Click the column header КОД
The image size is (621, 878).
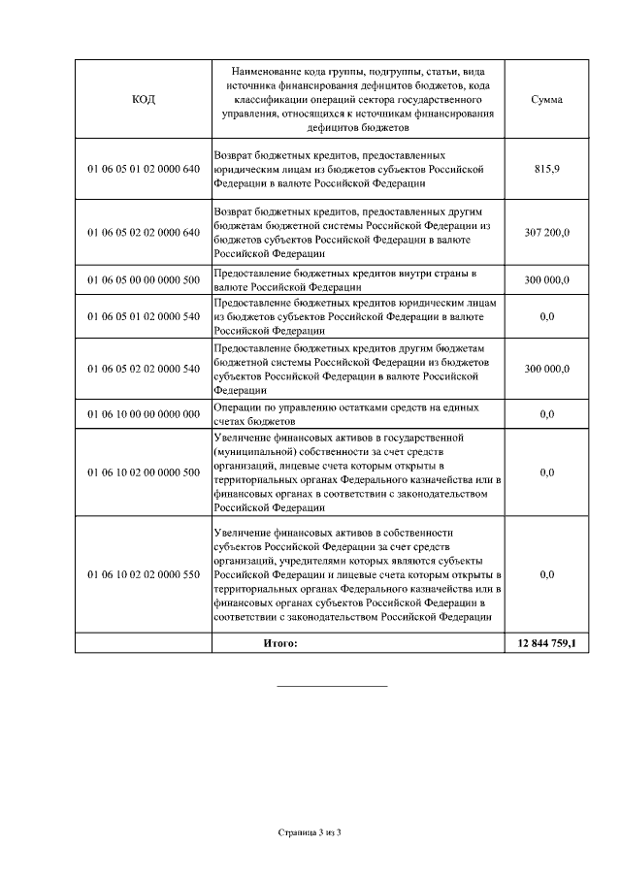point(143,99)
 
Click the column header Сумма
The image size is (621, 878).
point(547,99)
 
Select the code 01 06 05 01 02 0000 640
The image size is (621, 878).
point(143,169)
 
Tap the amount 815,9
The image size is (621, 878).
point(547,169)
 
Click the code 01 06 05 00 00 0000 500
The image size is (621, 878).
point(143,280)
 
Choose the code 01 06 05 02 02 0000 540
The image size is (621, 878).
point(143,369)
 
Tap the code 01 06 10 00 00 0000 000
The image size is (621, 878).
point(143,415)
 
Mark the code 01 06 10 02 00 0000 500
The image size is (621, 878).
point(143,472)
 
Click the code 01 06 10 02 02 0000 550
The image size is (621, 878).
point(143,575)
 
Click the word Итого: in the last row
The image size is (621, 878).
point(280,642)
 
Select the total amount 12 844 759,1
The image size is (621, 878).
point(547,642)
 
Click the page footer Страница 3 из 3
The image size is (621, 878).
point(310,832)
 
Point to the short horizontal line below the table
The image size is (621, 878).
point(332,687)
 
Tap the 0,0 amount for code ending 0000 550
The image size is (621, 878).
point(547,575)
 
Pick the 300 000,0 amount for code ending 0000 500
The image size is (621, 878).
point(547,280)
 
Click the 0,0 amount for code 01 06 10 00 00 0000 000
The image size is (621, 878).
point(547,415)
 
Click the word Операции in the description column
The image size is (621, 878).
point(238,408)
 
